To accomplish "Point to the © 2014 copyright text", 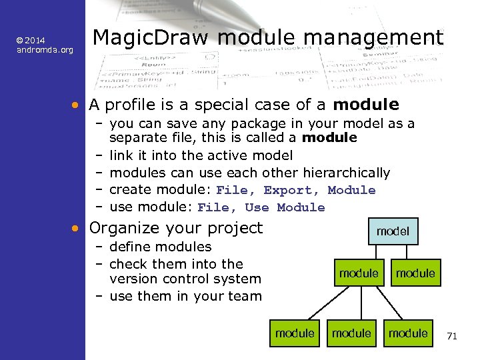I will pyautogui.click(x=32, y=41).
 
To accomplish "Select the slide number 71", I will pyautogui.click(x=451, y=336).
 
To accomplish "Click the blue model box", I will pyautogui.click(x=393, y=231).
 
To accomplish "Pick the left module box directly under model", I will pyautogui.click(x=359, y=273).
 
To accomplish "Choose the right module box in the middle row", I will pyautogui.click(x=415, y=273).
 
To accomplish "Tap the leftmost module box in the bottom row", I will pyautogui.click(x=295, y=333).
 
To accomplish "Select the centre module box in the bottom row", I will pyautogui.click(x=351, y=333).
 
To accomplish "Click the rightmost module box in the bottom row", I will pyautogui.click(x=408, y=333).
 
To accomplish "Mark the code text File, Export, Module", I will pyautogui.click(x=296, y=191).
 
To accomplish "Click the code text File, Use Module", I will pyautogui.click(x=261, y=207).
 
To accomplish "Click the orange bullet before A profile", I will pyautogui.click(x=77, y=105).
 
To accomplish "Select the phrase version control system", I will pyautogui.click(x=185, y=279).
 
